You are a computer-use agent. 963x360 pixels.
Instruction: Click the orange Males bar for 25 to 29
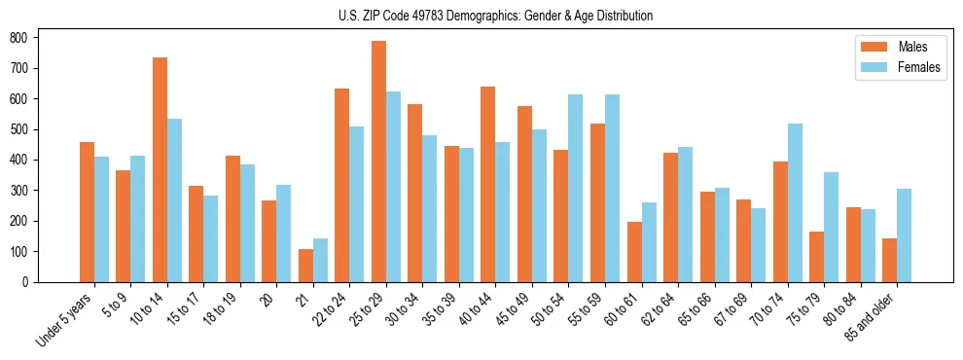pos(378,162)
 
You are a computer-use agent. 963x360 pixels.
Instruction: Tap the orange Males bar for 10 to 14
pos(160,170)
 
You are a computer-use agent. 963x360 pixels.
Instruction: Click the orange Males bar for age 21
pos(305,266)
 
